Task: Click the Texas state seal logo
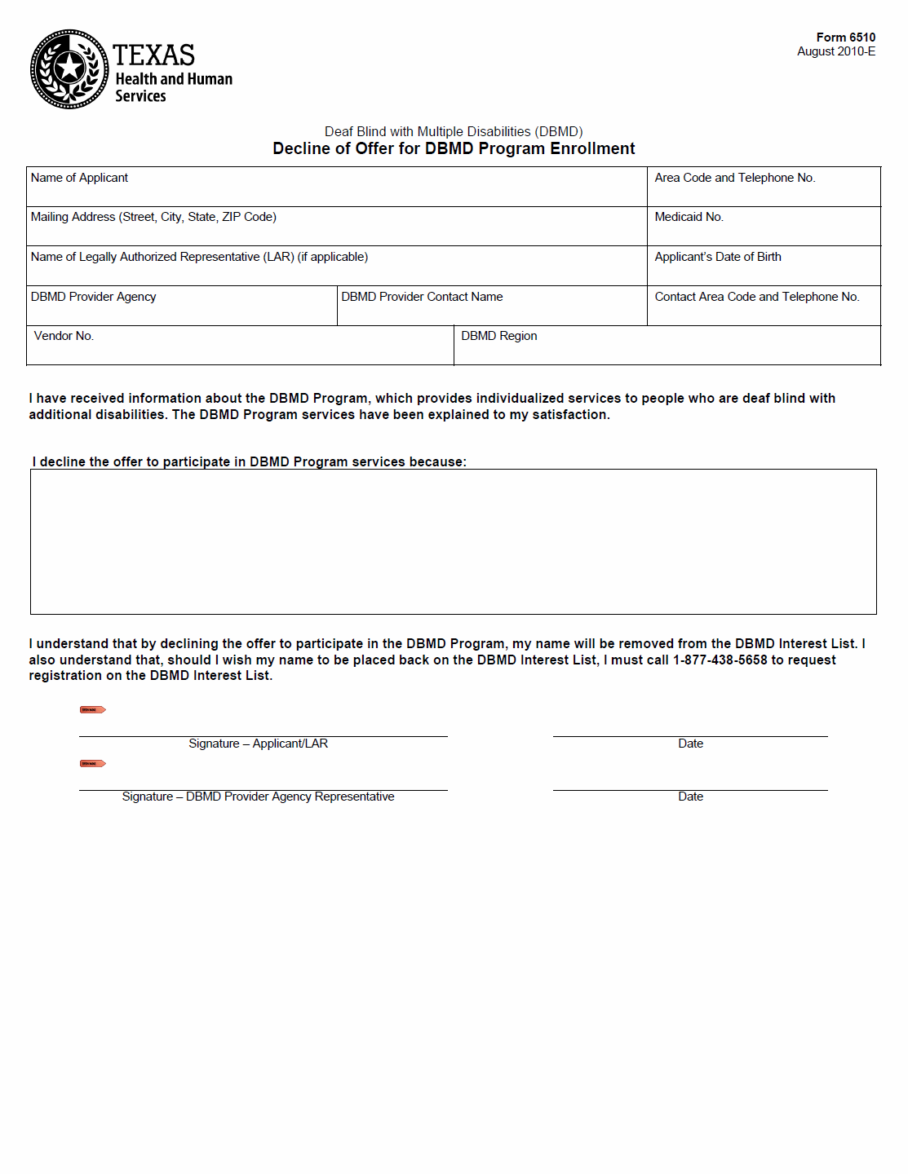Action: [69, 69]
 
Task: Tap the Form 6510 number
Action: [845, 38]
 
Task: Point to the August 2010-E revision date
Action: [836, 51]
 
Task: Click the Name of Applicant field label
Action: [79, 178]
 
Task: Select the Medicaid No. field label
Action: [689, 217]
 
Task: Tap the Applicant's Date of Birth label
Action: [717, 257]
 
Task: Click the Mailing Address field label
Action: [153, 217]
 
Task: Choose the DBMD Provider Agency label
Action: [93, 297]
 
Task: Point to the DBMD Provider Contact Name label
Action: [422, 297]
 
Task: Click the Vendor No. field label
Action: [64, 336]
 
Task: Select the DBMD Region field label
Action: [498, 336]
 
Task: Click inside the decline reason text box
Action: [453, 541]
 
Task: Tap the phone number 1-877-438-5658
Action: [720, 660]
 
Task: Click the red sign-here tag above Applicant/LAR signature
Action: [92, 709]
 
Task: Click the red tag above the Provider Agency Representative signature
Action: [92, 763]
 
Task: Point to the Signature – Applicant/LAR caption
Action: [258, 744]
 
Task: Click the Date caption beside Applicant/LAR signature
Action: [690, 744]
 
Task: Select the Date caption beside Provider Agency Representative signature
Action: [690, 797]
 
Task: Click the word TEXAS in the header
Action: [153, 55]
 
